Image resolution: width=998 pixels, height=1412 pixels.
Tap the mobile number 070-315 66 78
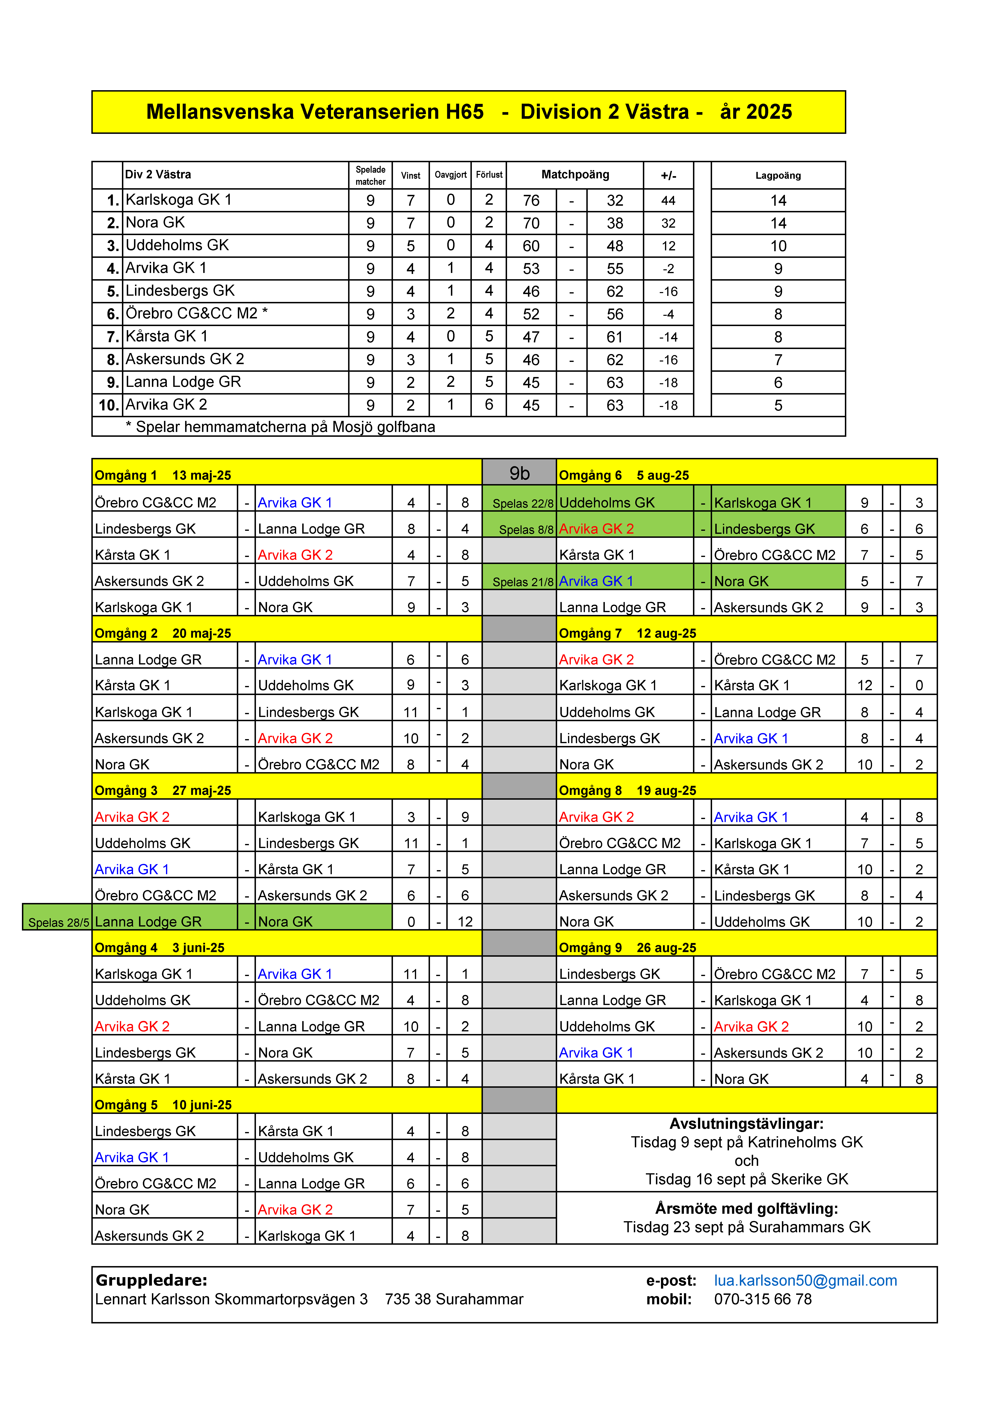tap(763, 1299)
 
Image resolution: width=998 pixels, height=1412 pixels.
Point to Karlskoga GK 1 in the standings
tap(178, 200)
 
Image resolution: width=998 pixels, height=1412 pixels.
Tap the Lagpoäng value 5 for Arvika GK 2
tap(778, 405)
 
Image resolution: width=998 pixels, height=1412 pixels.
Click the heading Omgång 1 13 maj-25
tap(163, 475)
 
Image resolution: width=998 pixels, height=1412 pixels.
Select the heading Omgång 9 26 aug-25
tap(627, 948)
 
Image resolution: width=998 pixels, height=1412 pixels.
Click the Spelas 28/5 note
tap(58, 922)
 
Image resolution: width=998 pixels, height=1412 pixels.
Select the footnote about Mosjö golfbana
tap(280, 427)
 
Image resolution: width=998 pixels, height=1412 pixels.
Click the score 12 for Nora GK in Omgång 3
tap(465, 922)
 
